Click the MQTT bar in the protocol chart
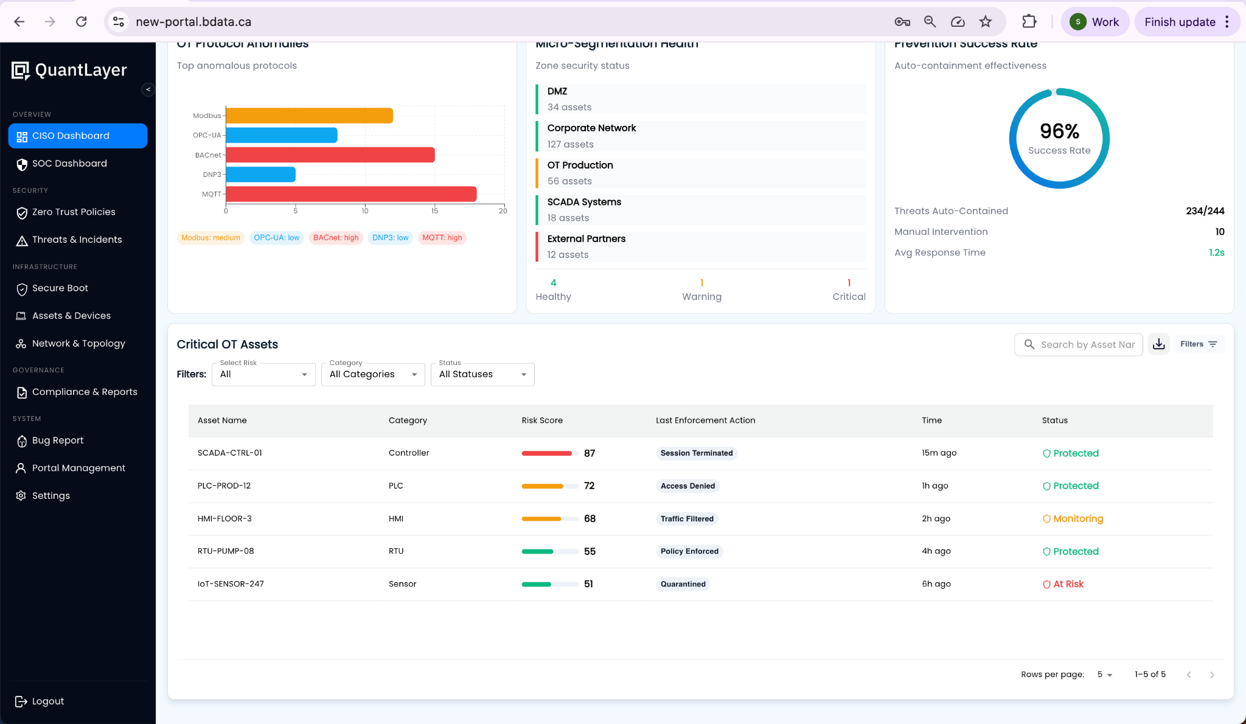coord(351,194)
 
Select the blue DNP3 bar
coord(260,175)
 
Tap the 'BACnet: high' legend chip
coord(336,238)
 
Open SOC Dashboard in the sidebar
coord(69,164)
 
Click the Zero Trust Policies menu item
coord(74,212)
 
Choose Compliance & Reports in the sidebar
coord(85,392)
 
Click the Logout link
coord(47,701)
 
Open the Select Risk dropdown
coord(263,375)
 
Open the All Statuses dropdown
coord(482,375)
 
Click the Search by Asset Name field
coord(1087,345)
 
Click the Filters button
coord(1198,344)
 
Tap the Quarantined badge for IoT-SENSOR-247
coord(683,584)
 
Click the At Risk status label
coord(1068,584)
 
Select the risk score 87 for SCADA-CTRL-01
coord(589,454)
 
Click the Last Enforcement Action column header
coord(705,420)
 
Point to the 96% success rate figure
coord(1059,131)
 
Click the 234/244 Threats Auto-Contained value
coord(1205,211)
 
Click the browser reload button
coord(81,22)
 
